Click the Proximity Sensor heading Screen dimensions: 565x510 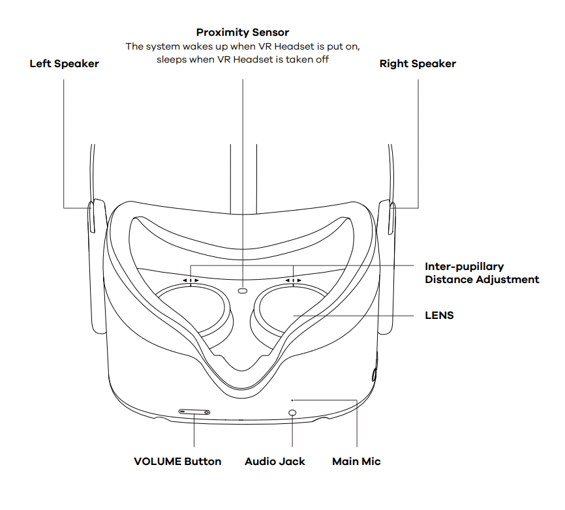243,33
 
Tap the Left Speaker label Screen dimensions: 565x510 64,64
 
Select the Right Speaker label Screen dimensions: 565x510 418,64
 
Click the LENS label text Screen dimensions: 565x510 439,316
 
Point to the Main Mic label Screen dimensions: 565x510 356,461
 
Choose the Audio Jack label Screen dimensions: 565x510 275,461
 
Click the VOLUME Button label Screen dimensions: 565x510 177,461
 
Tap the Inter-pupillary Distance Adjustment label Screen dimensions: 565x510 481,273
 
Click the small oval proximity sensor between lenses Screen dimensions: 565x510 243,290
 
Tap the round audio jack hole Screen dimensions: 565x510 292,413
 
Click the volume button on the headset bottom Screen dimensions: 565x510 194,412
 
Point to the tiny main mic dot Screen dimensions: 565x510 292,400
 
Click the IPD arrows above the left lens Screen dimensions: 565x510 191,280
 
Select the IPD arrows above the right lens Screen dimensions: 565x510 294,280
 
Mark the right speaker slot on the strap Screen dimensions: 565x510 391,218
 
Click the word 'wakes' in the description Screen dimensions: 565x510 206,47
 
